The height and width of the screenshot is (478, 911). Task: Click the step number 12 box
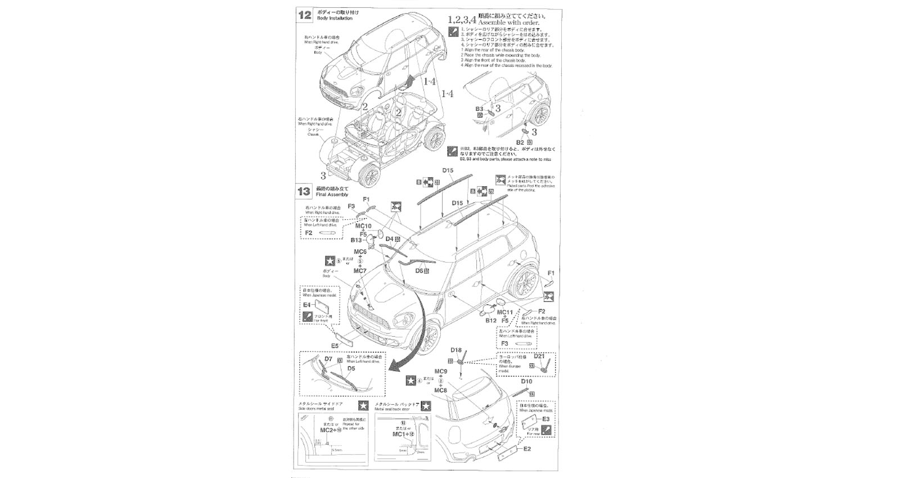[304, 15]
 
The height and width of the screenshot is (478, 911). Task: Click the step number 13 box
[304, 191]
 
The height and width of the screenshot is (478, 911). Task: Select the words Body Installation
[335, 19]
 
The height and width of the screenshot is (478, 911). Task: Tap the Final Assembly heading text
[333, 195]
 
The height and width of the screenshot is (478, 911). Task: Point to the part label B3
[479, 109]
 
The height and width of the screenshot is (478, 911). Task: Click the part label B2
[520, 142]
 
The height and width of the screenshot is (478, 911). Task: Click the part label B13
[356, 240]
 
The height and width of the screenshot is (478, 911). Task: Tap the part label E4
[307, 304]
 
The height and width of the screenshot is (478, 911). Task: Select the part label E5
[335, 346]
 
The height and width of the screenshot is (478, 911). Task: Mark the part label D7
[328, 359]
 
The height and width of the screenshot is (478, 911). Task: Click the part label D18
[455, 350]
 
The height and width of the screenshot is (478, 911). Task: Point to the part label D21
[539, 356]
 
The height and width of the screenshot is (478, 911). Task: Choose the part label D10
[526, 381]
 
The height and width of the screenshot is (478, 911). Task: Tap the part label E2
[527, 449]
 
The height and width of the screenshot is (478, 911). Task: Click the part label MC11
[504, 313]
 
